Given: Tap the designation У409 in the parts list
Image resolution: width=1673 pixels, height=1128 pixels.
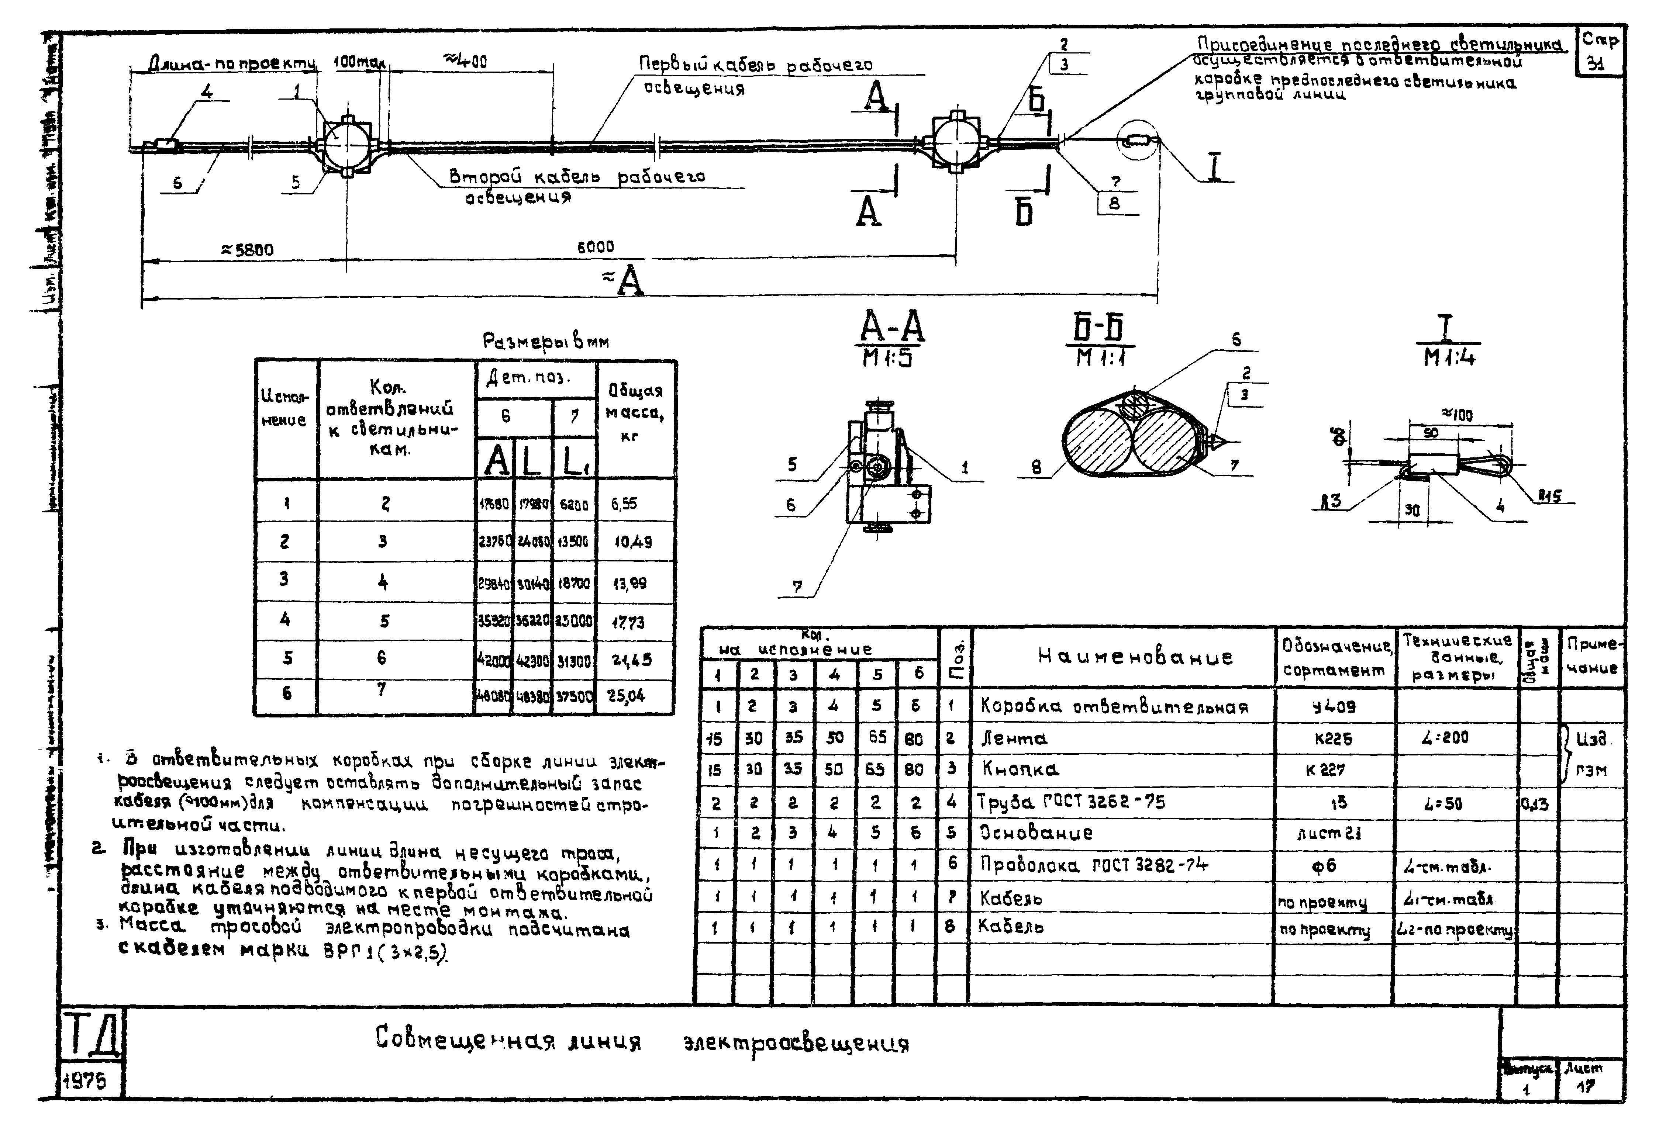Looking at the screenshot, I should click(1334, 706).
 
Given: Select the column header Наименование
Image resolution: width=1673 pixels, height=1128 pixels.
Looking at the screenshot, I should click(1135, 656).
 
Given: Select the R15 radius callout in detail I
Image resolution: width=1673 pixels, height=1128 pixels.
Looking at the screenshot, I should click(1549, 496).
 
